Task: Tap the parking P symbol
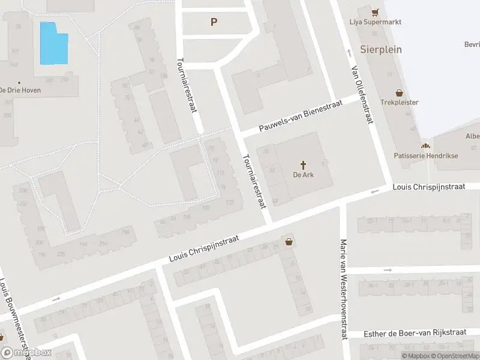point(214,22)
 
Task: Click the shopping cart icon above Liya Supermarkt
point(375,12)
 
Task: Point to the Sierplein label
point(381,49)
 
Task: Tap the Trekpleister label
point(399,103)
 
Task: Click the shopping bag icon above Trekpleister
point(399,93)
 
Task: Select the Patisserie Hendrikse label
point(425,155)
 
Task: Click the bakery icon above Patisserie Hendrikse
point(425,146)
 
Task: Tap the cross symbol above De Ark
point(304,164)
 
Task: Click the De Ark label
point(304,175)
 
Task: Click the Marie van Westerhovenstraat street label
point(344,289)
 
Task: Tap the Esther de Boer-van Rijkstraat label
point(415,334)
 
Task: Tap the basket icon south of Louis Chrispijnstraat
point(290,242)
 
